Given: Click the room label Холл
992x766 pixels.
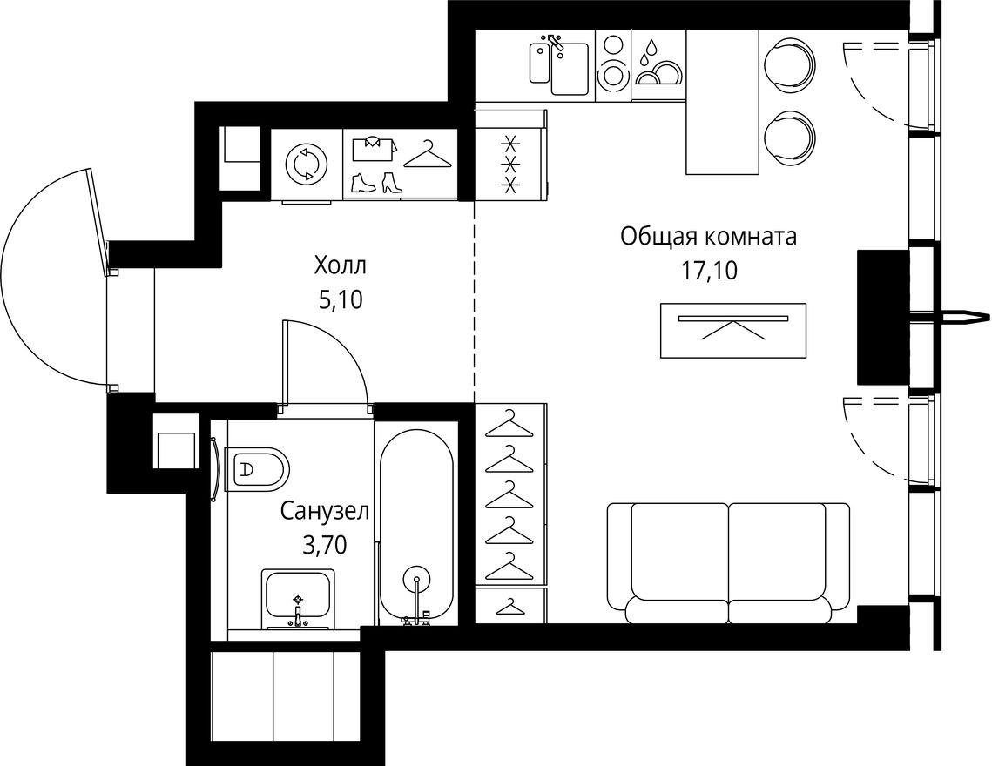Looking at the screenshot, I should point(341,264).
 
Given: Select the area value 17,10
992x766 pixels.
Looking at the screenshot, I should point(709,271).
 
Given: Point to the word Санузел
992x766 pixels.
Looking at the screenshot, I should point(324,511).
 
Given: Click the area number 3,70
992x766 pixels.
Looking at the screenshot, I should point(324,546).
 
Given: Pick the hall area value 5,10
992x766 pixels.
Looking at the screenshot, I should point(341,300).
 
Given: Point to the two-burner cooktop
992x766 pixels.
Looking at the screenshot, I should point(613,60).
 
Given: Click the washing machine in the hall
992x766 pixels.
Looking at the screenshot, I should point(307,165).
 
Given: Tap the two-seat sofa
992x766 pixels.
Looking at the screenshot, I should point(727,561).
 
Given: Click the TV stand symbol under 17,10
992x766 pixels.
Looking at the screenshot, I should point(732,330).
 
